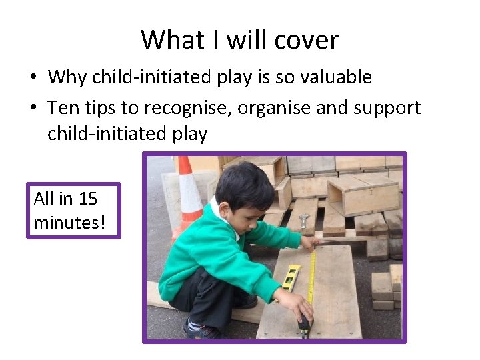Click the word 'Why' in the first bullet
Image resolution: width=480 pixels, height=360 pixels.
(x=67, y=77)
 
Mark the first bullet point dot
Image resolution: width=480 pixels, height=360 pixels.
(x=32, y=78)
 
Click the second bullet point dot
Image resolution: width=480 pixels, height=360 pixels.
(x=32, y=108)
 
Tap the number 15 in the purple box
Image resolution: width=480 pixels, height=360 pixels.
(x=87, y=199)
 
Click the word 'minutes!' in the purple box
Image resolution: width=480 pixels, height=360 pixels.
(x=69, y=222)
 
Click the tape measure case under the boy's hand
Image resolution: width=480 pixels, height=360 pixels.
(x=304, y=325)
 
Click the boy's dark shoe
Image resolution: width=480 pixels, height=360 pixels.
(x=200, y=328)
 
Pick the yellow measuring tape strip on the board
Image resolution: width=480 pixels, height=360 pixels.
(x=312, y=280)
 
